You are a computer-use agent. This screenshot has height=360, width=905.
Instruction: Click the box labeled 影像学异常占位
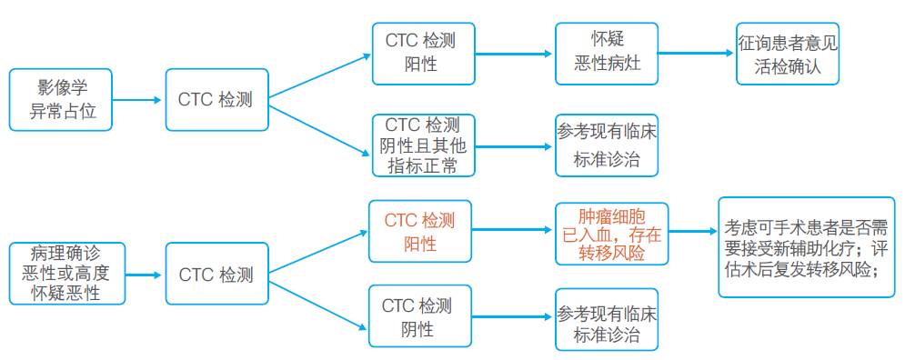(60, 99)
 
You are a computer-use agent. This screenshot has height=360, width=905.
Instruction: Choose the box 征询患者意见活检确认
(788, 54)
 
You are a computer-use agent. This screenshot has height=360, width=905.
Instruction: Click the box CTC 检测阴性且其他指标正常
(422, 145)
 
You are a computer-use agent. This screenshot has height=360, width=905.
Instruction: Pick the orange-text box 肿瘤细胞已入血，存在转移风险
(610, 234)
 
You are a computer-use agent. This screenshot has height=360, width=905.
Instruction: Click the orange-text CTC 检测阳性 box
(419, 232)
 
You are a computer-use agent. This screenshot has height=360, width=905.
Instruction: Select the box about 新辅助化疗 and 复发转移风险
(807, 246)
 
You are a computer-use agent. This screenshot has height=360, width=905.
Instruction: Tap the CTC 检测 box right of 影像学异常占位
(216, 99)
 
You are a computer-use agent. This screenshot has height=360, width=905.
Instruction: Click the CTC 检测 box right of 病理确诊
(216, 274)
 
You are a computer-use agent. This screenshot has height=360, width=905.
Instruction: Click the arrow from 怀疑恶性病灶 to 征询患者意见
(695, 53)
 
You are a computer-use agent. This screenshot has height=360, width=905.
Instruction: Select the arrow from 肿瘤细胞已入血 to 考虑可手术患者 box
(692, 232)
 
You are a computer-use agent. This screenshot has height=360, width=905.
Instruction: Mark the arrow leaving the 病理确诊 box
(144, 274)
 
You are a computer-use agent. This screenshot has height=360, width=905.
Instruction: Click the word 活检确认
(788, 66)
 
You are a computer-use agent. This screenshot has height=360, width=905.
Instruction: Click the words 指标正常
(422, 165)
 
